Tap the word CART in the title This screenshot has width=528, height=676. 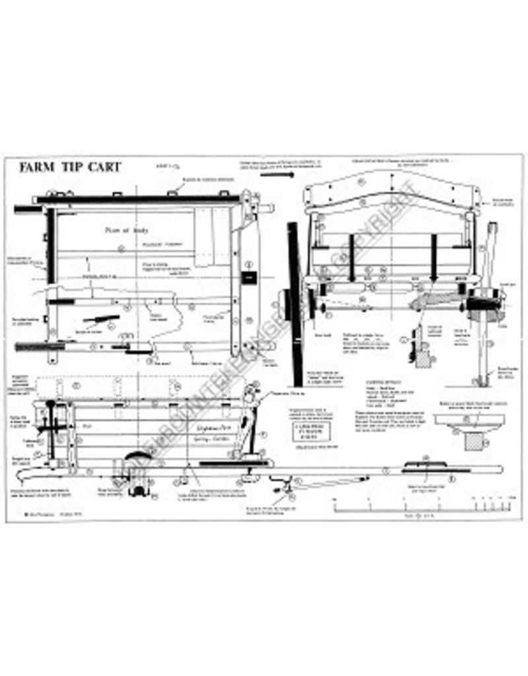click(x=103, y=166)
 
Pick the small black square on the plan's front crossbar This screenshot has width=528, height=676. click(x=249, y=279)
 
